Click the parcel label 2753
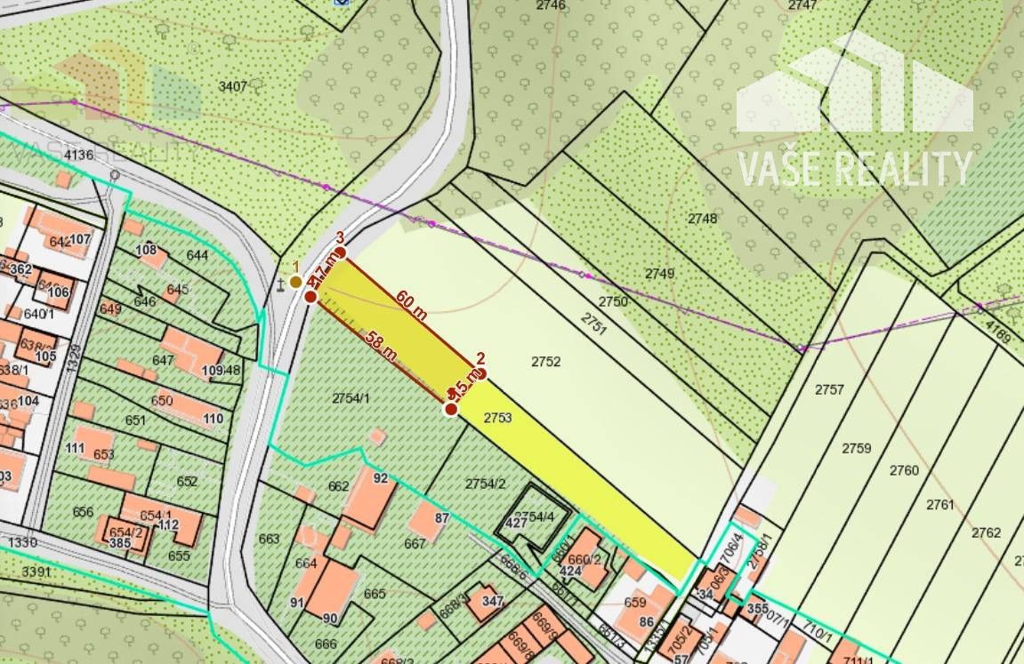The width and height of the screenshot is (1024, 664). [x=498, y=417]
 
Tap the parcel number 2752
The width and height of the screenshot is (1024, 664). [x=546, y=362]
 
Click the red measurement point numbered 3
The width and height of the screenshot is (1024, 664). [x=339, y=252]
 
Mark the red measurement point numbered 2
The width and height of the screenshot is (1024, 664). [x=480, y=373]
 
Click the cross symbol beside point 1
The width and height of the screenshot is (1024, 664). [x=281, y=284]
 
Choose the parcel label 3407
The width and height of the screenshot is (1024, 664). [x=232, y=86]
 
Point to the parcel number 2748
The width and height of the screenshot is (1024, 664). [x=702, y=218]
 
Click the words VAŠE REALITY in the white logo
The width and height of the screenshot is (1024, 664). [x=855, y=169]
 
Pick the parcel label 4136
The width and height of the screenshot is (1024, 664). [x=78, y=156]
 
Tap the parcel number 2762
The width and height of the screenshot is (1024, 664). [x=986, y=532]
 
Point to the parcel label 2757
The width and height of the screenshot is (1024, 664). [x=829, y=389]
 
